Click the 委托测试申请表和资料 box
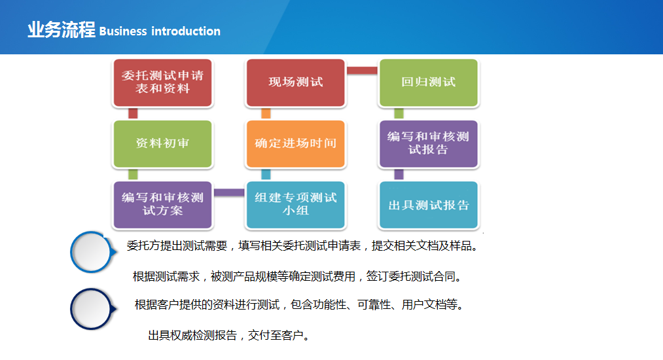point(163,82)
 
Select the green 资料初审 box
point(163,144)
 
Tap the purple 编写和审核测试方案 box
point(163,205)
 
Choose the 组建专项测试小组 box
point(296,205)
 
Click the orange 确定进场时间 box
point(296,144)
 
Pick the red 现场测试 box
point(296,82)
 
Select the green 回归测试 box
point(428,82)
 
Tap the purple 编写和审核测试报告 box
point(428,144)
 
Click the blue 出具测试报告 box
point(428,205)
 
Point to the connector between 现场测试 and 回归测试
point(362,71)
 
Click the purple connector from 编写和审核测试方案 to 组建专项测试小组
point(229,193)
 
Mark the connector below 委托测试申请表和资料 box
point(133,113)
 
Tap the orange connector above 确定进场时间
point(266,113)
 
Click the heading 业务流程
point(62,30)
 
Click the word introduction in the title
point(186,31)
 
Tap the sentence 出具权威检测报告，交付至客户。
point(230,336)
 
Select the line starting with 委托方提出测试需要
point(303,245)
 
